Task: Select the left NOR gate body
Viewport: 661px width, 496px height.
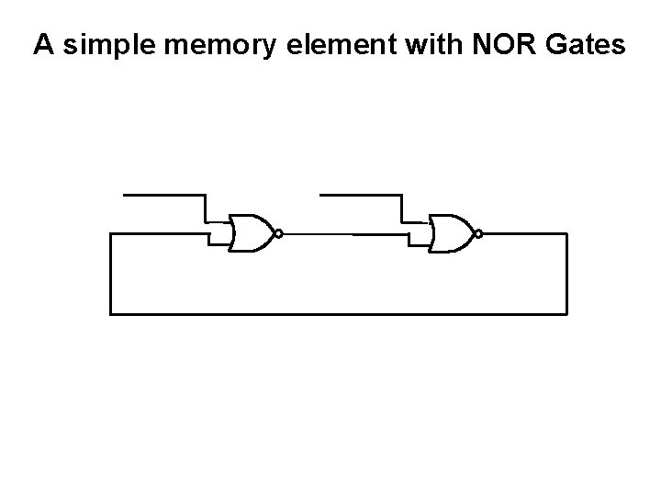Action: point(251,234)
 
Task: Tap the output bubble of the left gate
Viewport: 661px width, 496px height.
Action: point(277,234)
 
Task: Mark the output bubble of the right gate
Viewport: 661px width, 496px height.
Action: point(478,234)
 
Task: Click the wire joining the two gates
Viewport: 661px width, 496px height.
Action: point(344,234)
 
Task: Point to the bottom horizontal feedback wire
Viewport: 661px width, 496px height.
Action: point(340,313)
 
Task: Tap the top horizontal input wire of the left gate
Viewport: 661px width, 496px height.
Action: point(163,196)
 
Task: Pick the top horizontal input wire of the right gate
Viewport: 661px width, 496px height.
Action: point(360,196)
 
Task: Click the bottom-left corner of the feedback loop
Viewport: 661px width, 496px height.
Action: point(111,313)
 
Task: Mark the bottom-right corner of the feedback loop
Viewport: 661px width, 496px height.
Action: point(567,313)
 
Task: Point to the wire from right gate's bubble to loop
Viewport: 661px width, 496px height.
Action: point(523,234)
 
